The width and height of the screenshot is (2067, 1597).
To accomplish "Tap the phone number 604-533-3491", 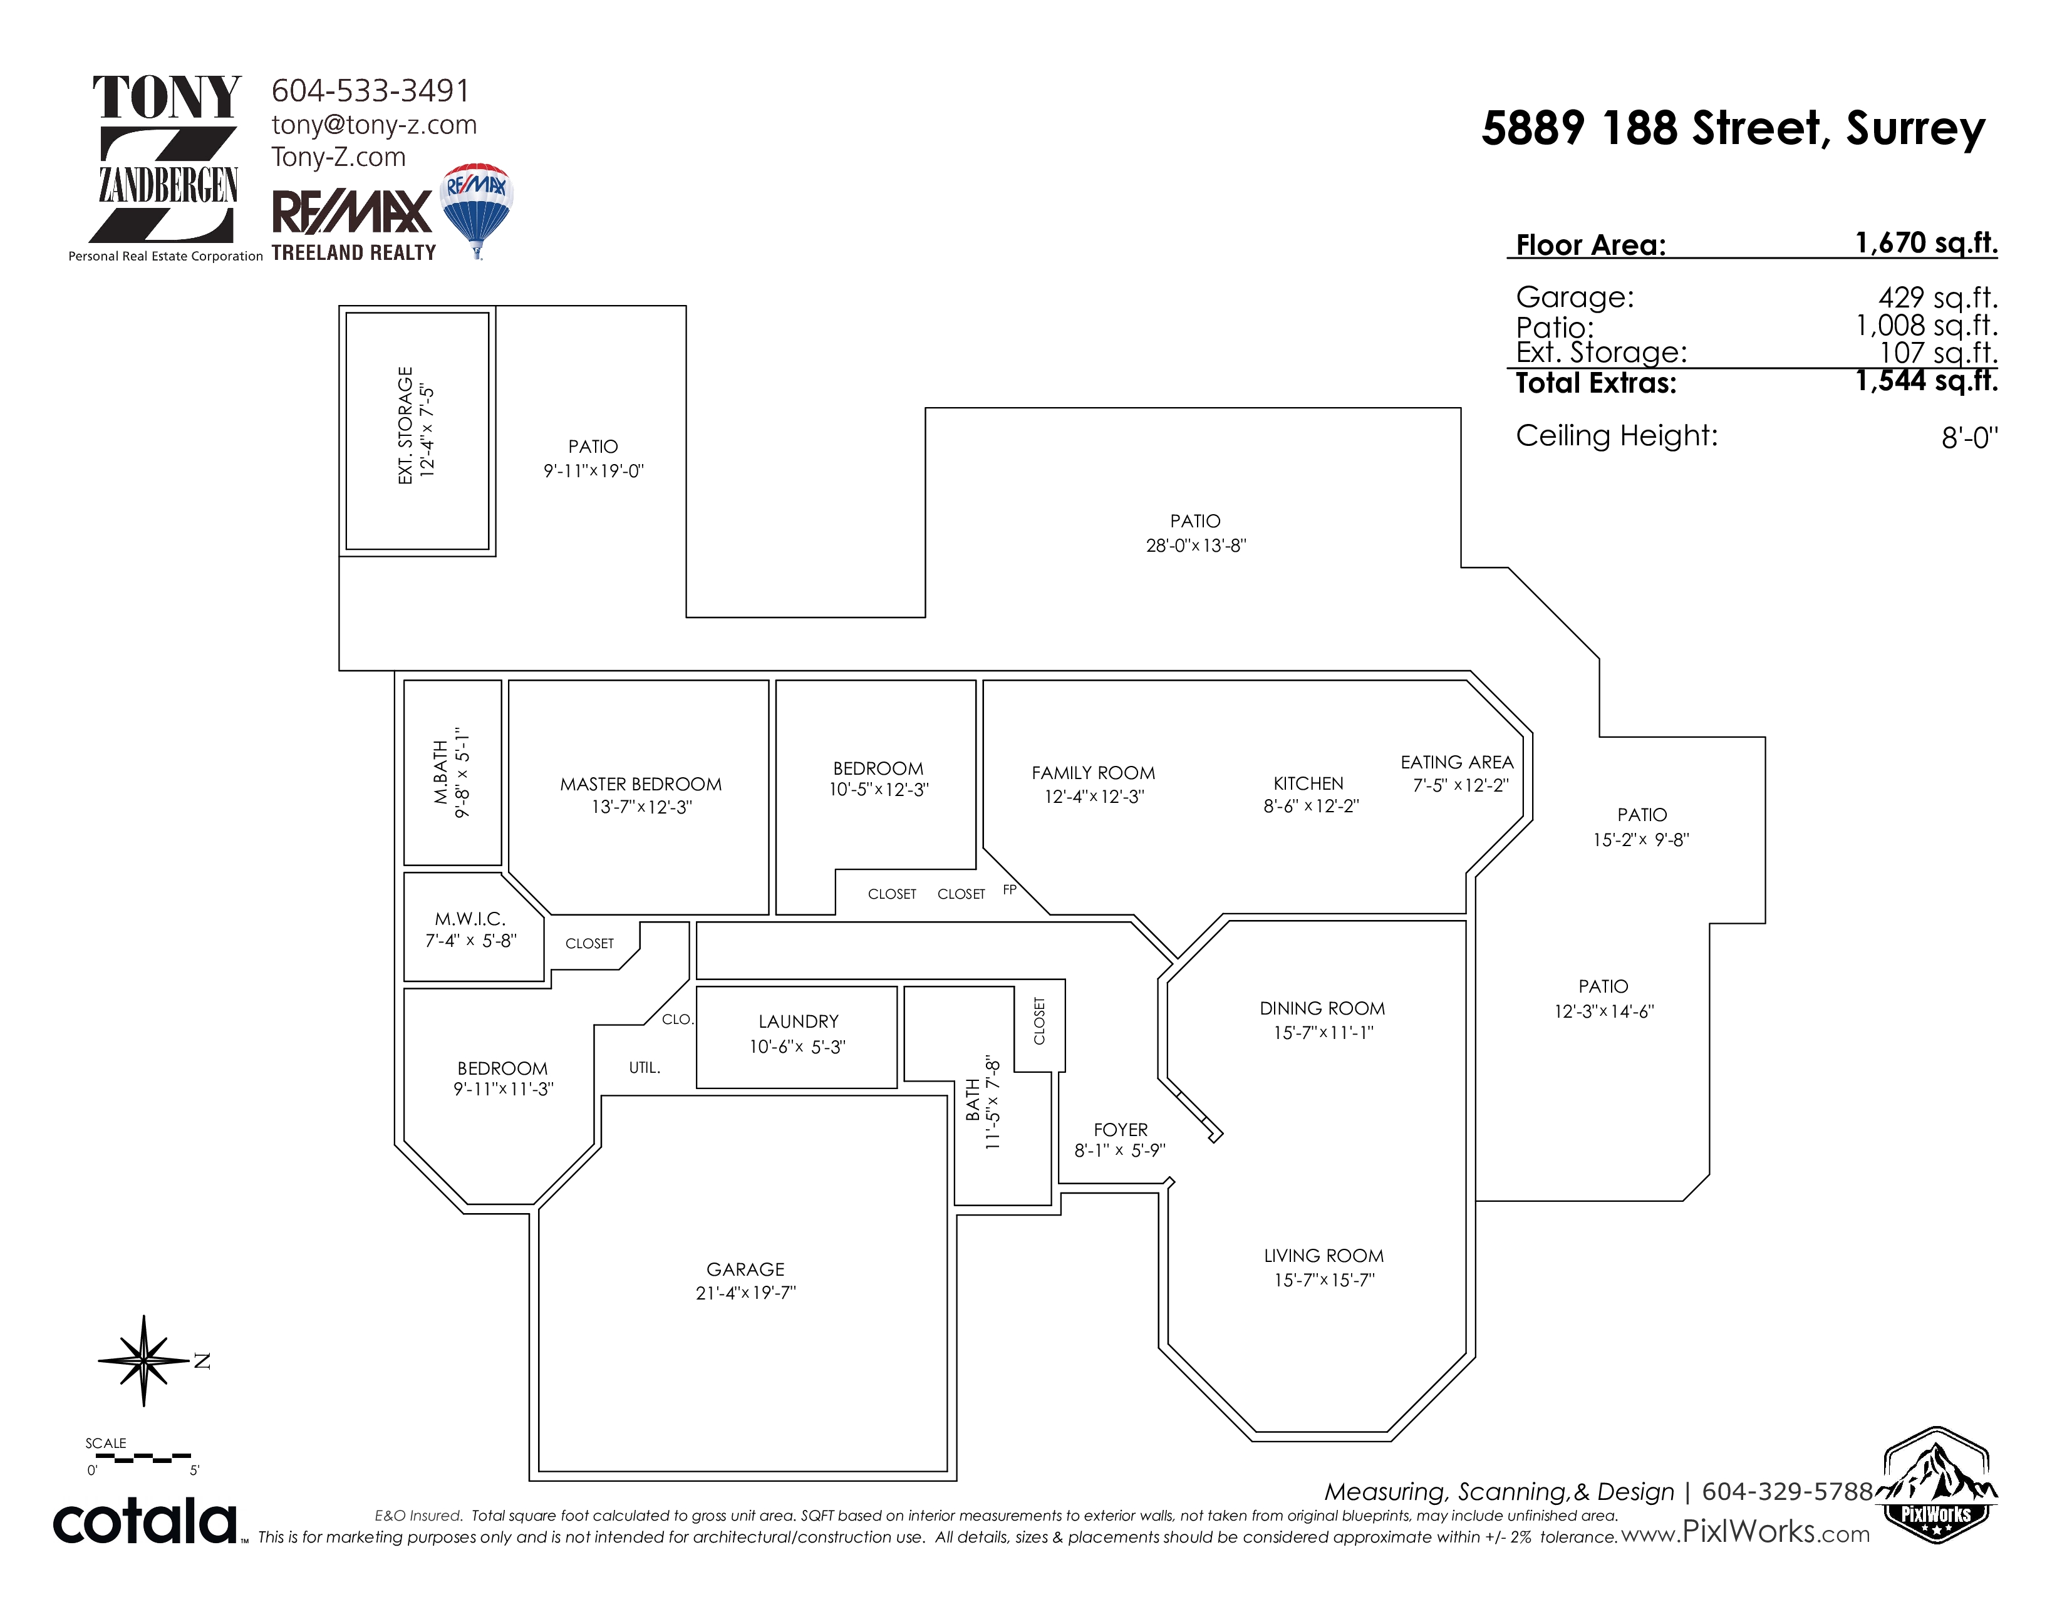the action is coord(371,91).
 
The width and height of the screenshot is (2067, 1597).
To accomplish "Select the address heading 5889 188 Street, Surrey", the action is coord(1733,128).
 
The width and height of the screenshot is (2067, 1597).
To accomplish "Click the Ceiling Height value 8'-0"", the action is coord(1969,437).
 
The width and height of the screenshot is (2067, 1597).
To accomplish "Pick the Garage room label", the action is coord(746,1269).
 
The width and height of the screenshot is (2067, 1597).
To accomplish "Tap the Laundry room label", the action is coord(799,1022).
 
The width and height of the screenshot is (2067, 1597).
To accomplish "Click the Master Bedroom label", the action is coord(641,784).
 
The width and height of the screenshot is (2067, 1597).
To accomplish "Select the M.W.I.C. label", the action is coord(470,919).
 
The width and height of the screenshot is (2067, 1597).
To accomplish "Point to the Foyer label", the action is coord(1121,1130).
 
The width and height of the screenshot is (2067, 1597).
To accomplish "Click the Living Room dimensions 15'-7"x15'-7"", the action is coord(1324,1280).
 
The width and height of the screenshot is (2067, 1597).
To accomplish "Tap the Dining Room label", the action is coord(1322,1008).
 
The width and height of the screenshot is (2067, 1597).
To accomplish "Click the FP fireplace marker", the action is coord(1010,889).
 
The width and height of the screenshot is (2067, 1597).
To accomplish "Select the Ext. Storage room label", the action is coord(406,426).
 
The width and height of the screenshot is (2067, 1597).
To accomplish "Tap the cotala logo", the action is coord(145,1521).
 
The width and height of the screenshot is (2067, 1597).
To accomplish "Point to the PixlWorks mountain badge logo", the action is coord(1936,1486).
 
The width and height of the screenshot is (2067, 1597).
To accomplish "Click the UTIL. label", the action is coord(645,1067).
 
